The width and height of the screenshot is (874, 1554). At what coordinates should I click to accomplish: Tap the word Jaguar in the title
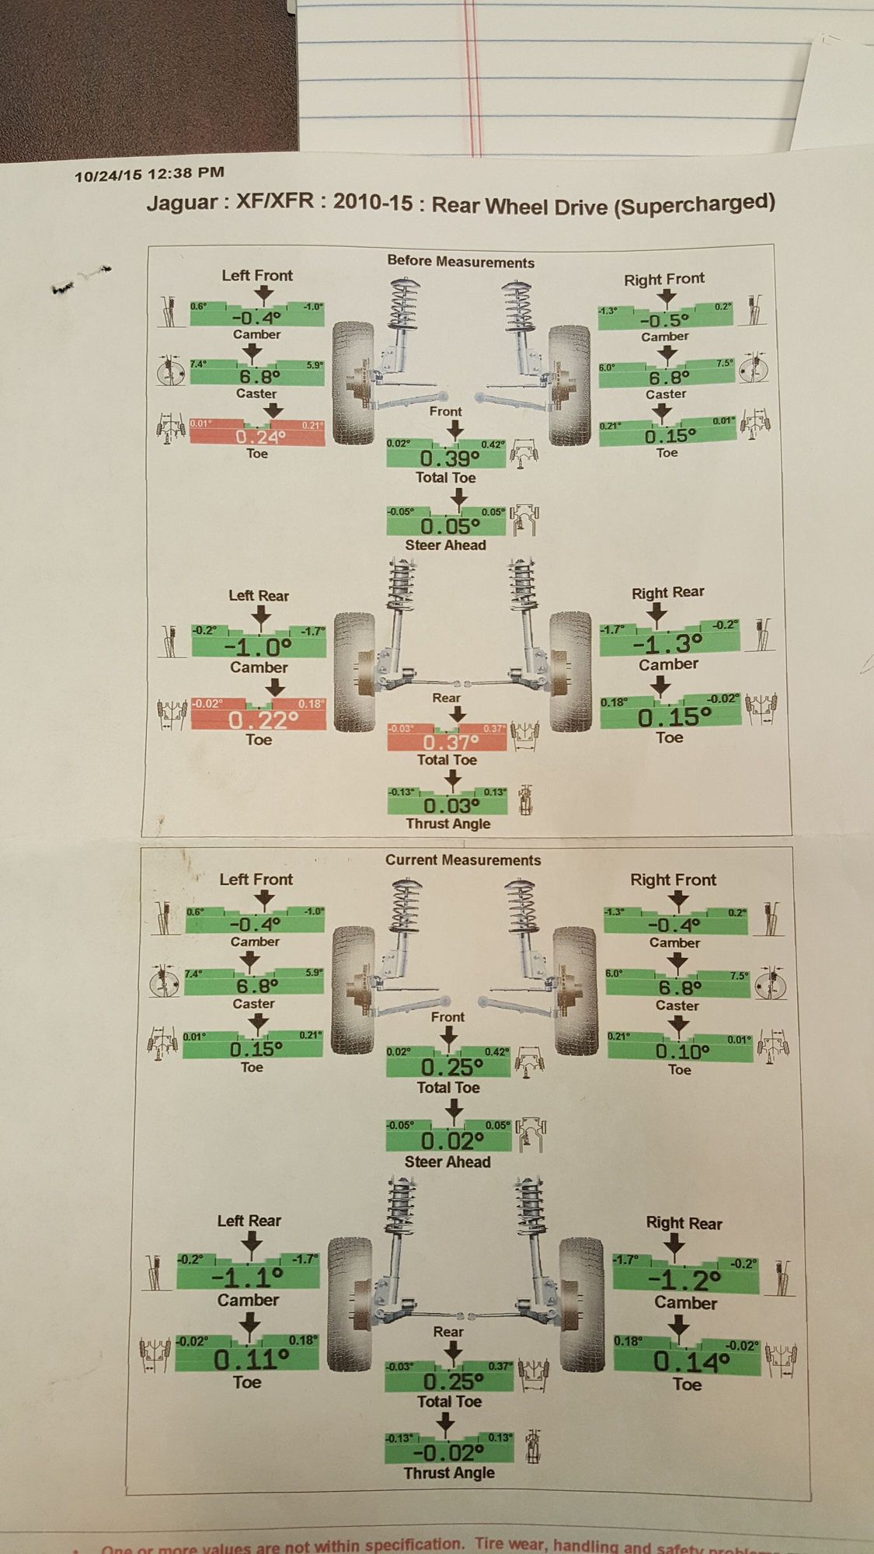[182, 204]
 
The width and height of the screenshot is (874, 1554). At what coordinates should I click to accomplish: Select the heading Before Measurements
[461, 262]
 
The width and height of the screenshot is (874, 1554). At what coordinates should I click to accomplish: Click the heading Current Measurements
[463, 860]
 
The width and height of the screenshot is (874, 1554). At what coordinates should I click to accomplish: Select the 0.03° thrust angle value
[447, 806]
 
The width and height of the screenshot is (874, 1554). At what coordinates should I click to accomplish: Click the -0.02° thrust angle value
[449, 1452]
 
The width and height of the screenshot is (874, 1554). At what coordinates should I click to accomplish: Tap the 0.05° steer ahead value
[447, 526]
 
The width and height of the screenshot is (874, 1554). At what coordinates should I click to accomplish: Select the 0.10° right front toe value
[681, 1051]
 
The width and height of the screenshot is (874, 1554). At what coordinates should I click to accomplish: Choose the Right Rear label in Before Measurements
[667, 593]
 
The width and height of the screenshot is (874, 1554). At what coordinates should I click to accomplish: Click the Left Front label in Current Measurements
[256, 880]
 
